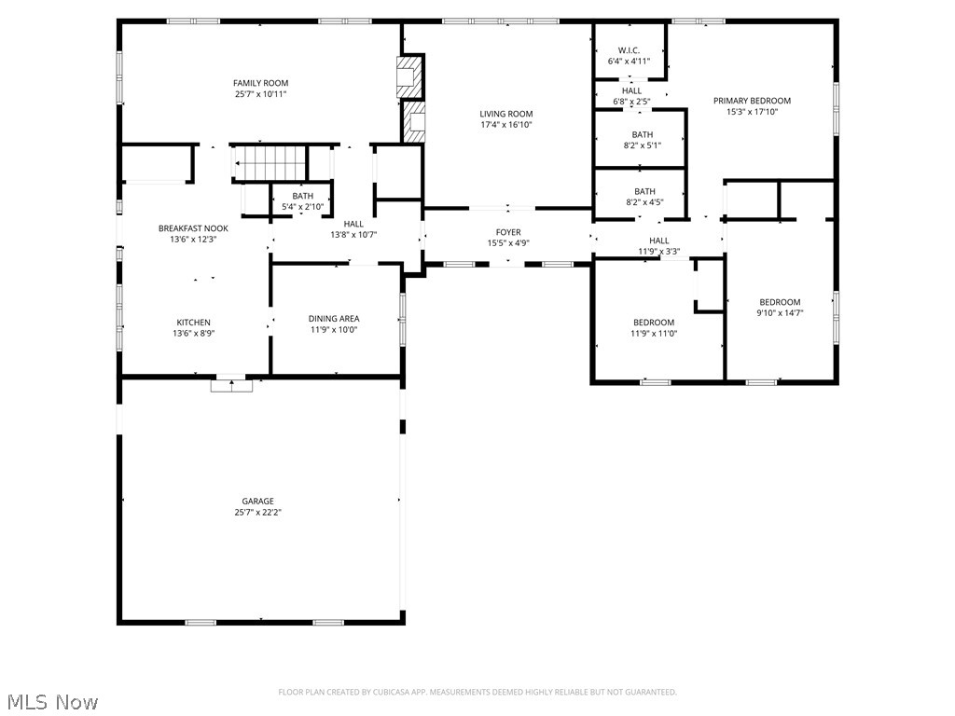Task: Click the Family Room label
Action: pos(260,83)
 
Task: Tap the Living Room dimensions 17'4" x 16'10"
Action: pos(506,125)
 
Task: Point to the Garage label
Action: pos(258,501)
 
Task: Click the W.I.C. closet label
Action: pos(629,50)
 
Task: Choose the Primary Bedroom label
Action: pos(752,101)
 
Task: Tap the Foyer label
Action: pos(508,232)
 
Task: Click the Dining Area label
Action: pos(334,318)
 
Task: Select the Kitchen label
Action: pos(193,323)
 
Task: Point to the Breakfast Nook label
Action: pos(193,228)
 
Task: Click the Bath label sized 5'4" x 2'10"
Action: pos(303,196)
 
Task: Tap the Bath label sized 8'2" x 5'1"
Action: pos(643,134)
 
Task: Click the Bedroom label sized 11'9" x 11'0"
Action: pos(653,323)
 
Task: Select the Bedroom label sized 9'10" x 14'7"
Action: pos(780,302)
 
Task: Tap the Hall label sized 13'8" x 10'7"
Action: pos(353,224)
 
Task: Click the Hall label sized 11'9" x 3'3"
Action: pos(659,241)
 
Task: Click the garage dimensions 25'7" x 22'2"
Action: pos(258,512)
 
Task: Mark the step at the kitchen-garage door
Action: pos(231,384)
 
